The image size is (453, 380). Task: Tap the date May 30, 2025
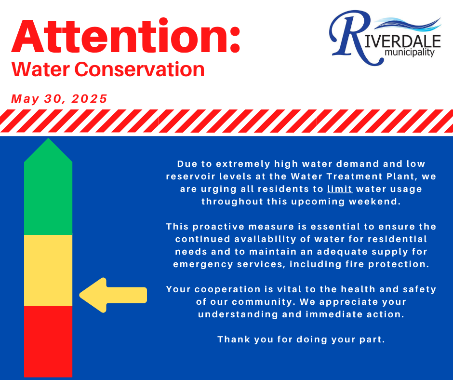coord(59,99)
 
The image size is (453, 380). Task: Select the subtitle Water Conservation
coord(108,69)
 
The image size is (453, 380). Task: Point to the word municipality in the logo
coord(409,53)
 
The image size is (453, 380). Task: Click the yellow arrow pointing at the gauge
coord(113,295)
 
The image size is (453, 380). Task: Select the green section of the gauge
coord(48,198)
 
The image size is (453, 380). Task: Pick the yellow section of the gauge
coord(48,270)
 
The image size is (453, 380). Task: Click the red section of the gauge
coord(48,341)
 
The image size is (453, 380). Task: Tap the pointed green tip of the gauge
coord(48,138)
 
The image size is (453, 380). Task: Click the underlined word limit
coord(340,189)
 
